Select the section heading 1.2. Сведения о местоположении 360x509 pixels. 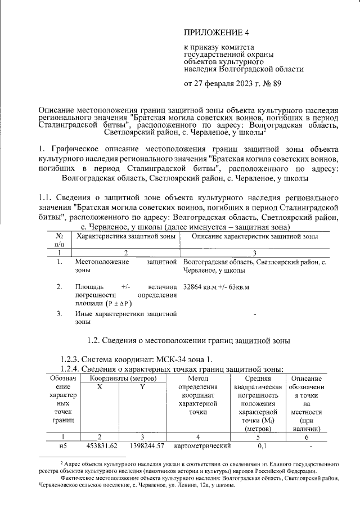(190, 340)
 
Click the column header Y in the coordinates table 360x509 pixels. (143, 388)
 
